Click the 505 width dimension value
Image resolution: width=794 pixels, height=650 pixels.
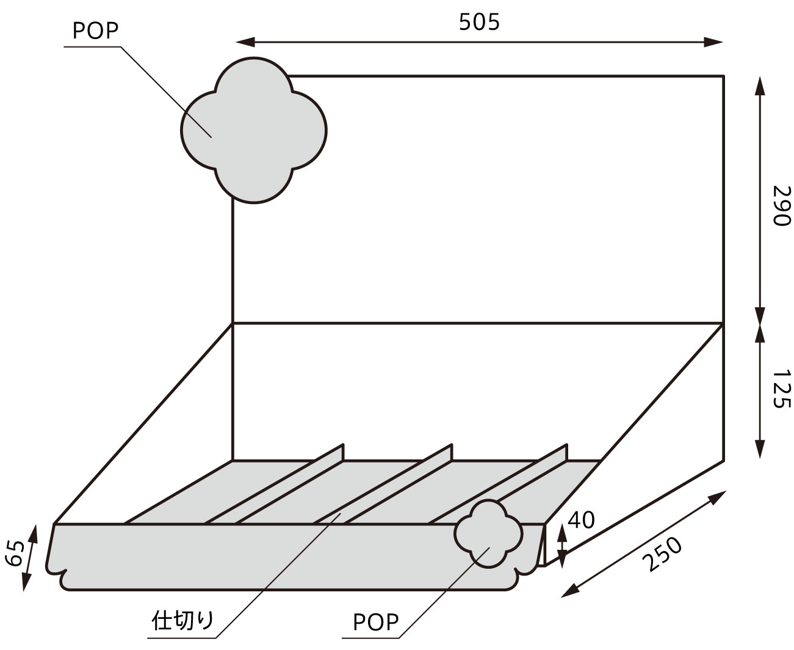[479, 22]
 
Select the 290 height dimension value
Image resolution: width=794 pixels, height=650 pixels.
[781, 205]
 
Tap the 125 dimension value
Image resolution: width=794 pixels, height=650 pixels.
[781, 388]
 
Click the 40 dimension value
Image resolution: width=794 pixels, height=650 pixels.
[580, 520]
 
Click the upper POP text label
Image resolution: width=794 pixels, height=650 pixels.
[95, 31]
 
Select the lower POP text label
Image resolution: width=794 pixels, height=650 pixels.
[375, 623]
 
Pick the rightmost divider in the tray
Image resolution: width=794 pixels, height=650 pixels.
[500, 489]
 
